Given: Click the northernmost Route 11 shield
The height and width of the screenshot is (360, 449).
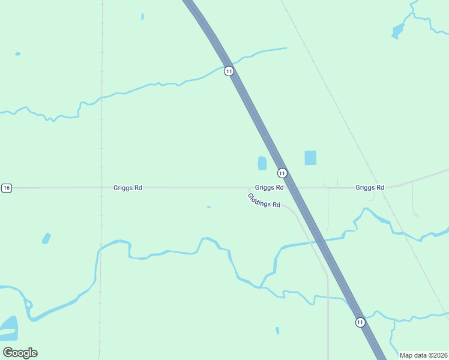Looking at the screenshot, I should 229,71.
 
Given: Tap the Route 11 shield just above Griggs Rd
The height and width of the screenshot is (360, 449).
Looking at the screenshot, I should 282,173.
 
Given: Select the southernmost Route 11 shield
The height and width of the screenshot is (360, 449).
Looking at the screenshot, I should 360,322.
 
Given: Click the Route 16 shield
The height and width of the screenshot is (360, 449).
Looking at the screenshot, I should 6,188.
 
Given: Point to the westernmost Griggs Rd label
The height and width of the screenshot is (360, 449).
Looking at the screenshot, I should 127,188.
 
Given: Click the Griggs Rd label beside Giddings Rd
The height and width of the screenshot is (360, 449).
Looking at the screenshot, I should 269,188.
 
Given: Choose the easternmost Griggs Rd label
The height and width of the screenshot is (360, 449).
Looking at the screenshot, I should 369,188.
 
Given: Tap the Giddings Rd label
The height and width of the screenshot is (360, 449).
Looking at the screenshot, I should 264,200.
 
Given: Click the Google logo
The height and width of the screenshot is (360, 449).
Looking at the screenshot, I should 20,352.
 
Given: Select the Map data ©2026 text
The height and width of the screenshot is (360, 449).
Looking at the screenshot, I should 424,355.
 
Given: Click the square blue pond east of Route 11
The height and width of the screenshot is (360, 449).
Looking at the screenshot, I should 310,158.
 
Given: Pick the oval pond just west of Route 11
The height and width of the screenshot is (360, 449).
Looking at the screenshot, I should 262,163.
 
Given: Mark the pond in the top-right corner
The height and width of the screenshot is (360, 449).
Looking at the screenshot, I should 397,31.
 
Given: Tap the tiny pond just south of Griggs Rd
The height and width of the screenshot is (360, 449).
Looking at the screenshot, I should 208,207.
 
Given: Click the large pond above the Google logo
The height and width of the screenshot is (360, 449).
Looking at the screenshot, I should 10,328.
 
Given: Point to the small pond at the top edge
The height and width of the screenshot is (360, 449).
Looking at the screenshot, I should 142,16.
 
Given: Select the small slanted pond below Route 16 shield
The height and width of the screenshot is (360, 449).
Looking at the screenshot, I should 46,238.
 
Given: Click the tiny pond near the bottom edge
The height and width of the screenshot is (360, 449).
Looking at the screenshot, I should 277,330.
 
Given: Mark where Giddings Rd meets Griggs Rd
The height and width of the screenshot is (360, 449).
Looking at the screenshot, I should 249,188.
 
